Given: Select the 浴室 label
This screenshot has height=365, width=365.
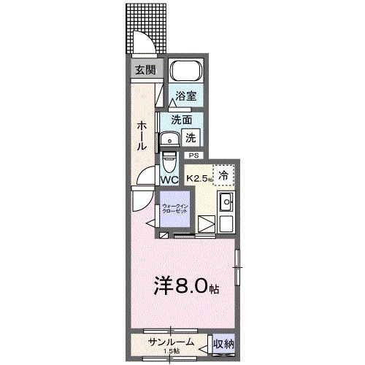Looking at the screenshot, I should [186, 96].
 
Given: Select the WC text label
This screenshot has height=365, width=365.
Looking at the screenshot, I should [170, 179].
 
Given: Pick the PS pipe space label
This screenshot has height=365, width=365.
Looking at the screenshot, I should [193, 155].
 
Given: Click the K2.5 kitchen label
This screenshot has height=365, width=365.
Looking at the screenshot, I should [198, 177].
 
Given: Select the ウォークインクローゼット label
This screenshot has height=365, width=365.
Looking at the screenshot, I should [174, 208].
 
